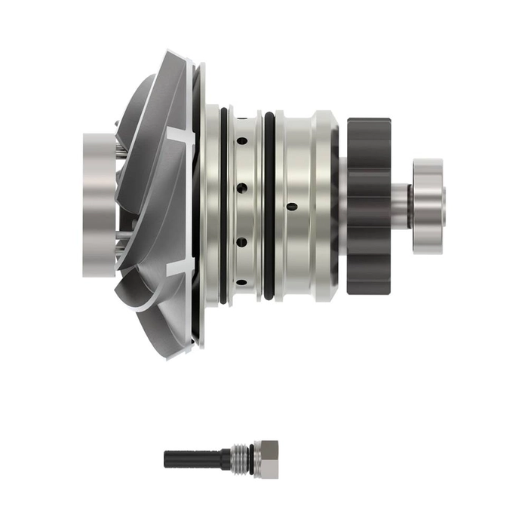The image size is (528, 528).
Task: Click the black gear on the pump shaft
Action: pos(369,204)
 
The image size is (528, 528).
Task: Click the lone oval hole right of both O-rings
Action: pos(291,204)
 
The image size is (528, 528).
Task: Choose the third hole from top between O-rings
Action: pos(242,242)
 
